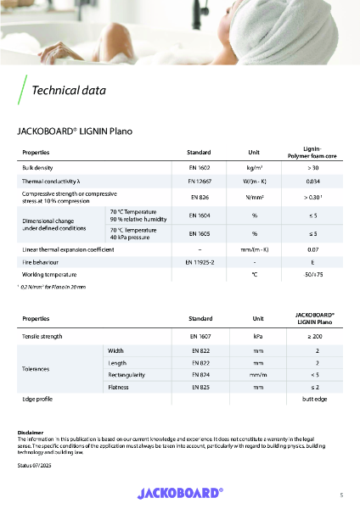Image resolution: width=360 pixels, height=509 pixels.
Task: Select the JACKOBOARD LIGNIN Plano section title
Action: click(76, 131)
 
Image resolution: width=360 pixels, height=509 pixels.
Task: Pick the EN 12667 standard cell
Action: click(198, 182)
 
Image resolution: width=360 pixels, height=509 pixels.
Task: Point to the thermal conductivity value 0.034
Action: click(312, 182)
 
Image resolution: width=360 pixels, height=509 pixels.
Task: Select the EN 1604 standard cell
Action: click(198, 215)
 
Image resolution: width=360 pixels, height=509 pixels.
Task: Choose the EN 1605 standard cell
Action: click(198, 232)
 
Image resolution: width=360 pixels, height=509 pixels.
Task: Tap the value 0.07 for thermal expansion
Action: click(312, 249)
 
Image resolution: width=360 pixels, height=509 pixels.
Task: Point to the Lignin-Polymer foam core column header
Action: click(312, 151)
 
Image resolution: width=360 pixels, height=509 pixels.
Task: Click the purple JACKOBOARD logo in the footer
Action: click(180, 492)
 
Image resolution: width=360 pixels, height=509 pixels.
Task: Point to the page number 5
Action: click(340, 494)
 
